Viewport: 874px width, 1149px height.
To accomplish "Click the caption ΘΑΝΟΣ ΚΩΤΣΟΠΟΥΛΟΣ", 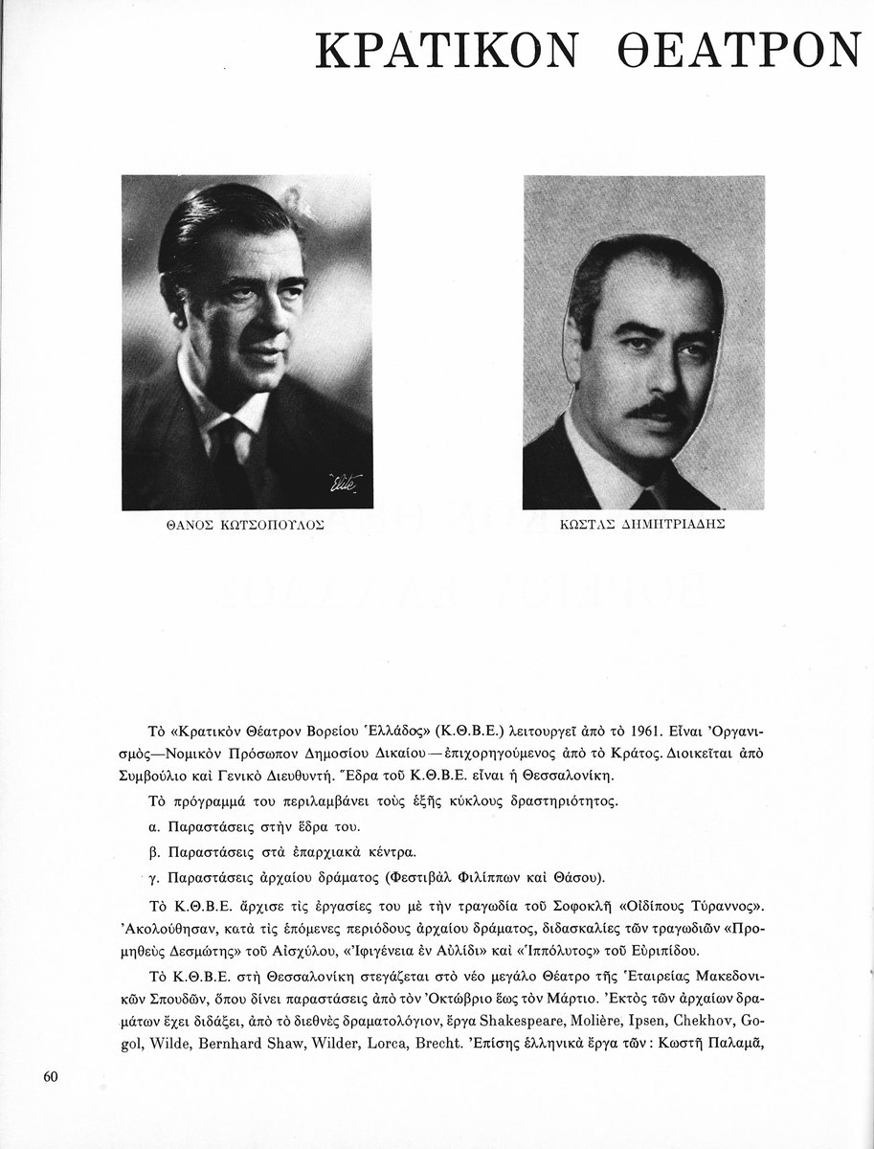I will click(x=246, y=537).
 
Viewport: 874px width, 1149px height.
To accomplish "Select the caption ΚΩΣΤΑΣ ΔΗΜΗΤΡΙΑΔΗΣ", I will click(x=643, y=537).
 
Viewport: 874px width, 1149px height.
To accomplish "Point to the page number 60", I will click(x=52, y=1075).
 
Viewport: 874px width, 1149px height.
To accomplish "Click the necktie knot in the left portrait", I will click(x=229, y=428).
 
